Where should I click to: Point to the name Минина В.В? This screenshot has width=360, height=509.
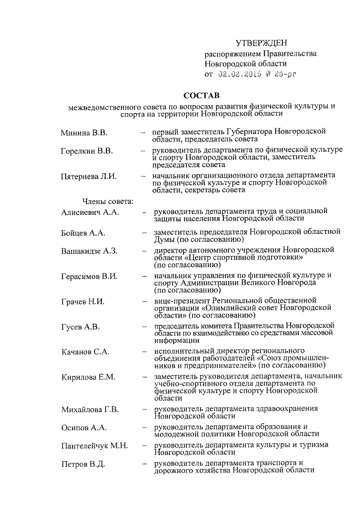(84, 133)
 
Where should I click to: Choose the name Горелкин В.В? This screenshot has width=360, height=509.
(87, 151)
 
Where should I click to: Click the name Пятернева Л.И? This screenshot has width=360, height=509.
(88, 177)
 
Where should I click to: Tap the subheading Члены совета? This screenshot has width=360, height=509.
(107, 201)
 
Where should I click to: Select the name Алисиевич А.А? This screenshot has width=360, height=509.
(91, 211)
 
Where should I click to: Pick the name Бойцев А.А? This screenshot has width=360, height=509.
(83, 233)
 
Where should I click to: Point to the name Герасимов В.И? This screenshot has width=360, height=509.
(89, 276)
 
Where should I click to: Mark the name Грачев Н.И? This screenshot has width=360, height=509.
(83, 301)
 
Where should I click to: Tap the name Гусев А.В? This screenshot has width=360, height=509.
(80, 327)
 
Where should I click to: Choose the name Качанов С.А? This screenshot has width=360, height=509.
(85, 352)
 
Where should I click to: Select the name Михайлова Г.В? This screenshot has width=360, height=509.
(90, 409)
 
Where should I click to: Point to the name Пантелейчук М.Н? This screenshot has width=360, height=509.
(94, 446)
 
